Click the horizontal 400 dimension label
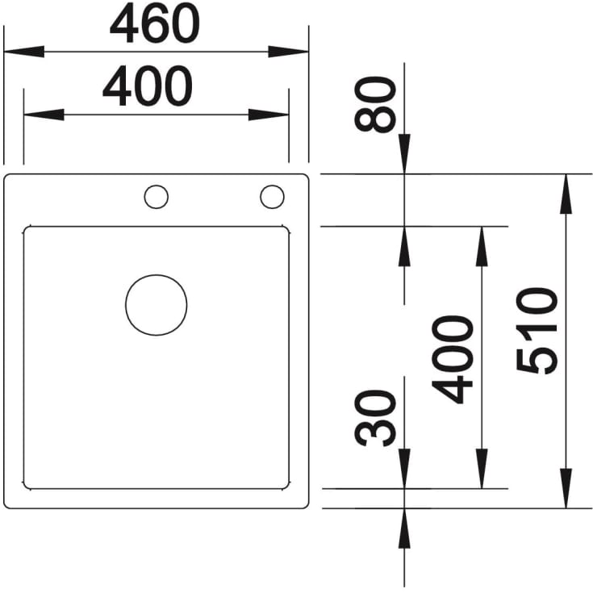[x=148, y=86]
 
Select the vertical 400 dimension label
[x=453, y=359]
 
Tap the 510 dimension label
[x=537, y=331]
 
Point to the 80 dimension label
[x=375, y=104]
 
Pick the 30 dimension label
[x=375, y=418]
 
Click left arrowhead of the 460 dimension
[x=24, y=52]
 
